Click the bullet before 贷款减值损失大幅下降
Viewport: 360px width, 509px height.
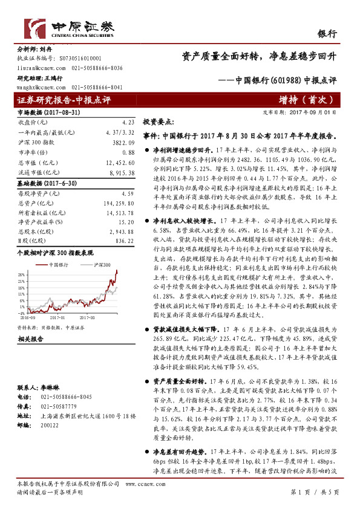point(146,330)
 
